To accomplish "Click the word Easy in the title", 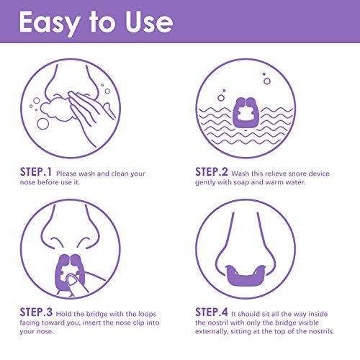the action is click(50, 23).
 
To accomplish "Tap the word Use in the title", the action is click(149, 22).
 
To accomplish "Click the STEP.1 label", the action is click(36, 172).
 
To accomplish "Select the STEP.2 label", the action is click(212, 172).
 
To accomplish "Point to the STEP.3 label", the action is click(36, 312).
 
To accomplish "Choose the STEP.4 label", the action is click(212, 312).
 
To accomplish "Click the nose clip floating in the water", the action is click(246, 113).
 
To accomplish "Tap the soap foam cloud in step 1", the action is click(57, 109).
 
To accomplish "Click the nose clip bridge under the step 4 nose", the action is click(246, 275).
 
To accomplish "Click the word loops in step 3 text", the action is click(147, 314).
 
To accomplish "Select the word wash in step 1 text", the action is click(87, 174).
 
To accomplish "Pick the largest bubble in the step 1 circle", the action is click(43, 124).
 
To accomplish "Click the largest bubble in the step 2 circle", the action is click(267, 81).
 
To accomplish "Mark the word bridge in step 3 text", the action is click(96, 314).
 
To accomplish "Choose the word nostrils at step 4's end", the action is click(321, 331).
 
